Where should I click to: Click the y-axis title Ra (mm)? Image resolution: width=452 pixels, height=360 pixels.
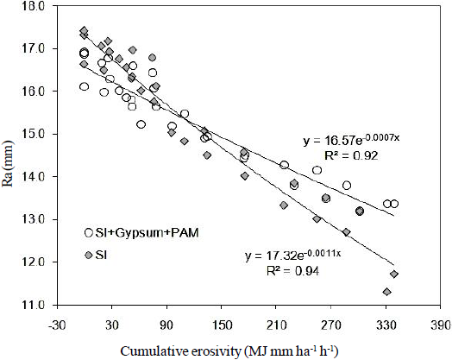coord(9,155)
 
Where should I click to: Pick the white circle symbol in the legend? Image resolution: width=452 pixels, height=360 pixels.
coord(88,233)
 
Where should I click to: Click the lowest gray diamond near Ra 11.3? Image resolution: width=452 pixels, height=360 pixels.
coord(386,292)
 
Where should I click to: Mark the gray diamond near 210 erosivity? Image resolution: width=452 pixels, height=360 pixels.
coord(284,205)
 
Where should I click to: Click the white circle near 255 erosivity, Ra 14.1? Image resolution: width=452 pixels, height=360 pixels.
coord(317,170)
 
